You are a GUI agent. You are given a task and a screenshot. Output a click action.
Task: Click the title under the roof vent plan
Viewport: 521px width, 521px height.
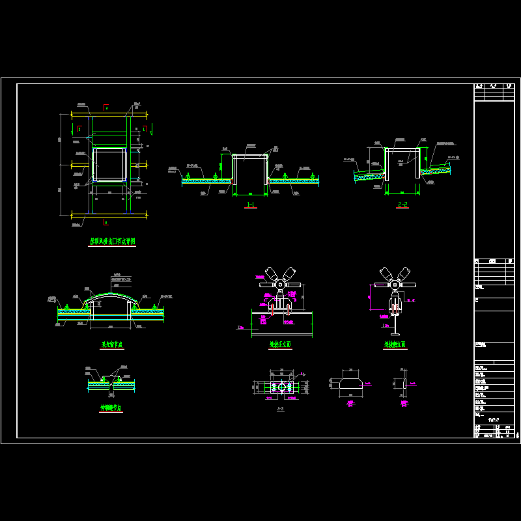[112, 241]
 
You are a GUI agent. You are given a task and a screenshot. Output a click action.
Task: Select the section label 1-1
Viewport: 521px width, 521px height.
[250, 205]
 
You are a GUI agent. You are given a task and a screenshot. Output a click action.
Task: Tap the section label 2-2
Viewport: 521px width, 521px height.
[402, 204]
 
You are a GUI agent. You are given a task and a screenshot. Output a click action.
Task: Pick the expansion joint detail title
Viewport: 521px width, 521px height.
[111, 408]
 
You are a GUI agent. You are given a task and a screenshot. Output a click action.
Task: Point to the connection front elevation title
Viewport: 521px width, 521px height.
[280, 345]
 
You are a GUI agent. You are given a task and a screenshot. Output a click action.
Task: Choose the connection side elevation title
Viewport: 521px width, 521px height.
[395, 345]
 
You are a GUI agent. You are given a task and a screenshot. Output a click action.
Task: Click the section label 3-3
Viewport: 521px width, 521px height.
[280, 408]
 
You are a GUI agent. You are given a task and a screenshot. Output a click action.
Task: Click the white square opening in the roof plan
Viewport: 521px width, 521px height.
[109, 164]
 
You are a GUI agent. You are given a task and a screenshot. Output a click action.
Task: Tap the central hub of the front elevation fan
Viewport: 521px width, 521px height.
[280, 284]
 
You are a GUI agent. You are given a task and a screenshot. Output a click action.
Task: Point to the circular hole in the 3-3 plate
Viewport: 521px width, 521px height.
[281, 387]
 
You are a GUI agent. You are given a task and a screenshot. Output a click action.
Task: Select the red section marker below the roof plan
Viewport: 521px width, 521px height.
[106, 222]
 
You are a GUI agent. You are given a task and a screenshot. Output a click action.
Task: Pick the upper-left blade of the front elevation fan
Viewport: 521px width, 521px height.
[268, 273]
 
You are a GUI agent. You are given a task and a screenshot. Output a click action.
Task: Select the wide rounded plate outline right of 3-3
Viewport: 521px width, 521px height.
[351, 385]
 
